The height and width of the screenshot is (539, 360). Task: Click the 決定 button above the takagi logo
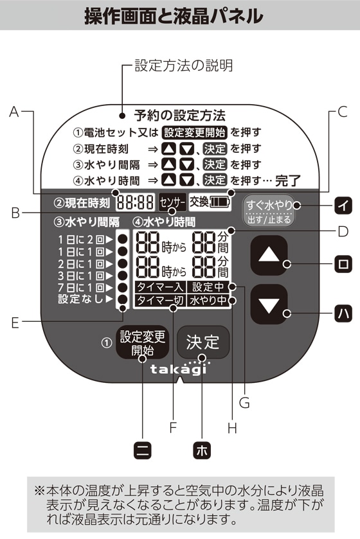click(x=203, y=342)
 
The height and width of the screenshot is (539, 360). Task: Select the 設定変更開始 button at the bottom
click(x=142, y=342)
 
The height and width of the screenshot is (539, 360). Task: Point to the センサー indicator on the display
click(x=172, y=202)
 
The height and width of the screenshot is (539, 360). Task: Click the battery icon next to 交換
click(x=219, y=202)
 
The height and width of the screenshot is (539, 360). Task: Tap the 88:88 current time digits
click(x=135, y=202)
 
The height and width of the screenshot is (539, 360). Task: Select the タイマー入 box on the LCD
click(x=160, y=287)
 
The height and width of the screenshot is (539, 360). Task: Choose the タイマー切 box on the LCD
click(x=160, y=301)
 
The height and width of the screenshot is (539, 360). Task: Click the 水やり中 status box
click(x=208, y=301)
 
